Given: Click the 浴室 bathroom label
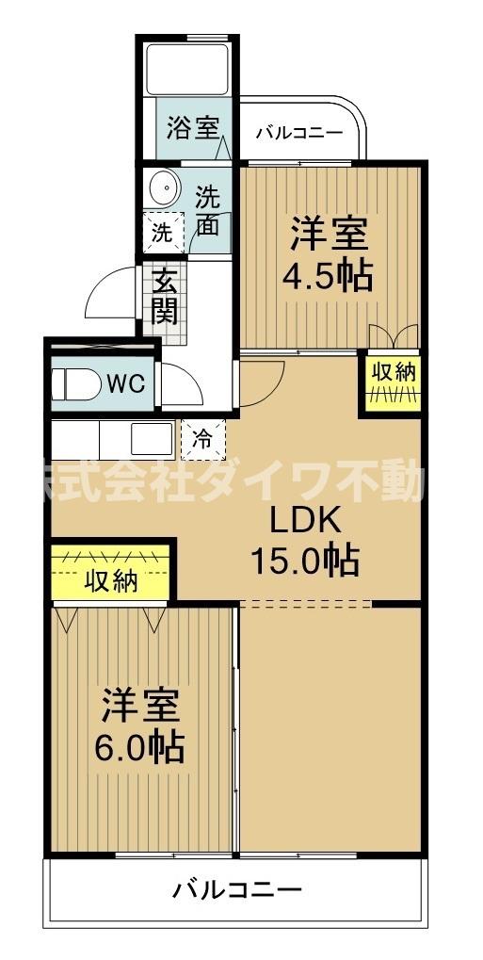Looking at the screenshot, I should pyautogui.click(x=193, y=128).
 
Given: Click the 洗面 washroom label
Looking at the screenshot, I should pyautogui.click(x=208, y=210).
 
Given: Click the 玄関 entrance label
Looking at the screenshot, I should pyautogui.click(x=165, y=296).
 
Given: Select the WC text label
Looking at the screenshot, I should pyautogui.click(x=124, y=383).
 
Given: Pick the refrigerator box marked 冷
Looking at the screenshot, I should pyautogui.click(x=202, y=436).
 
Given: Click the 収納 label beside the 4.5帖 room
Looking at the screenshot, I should pyautogui.click(x=392, y=371).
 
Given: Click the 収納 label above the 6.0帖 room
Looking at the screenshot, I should pyautogui.click(x=111, y=581).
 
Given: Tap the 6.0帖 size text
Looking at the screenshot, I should pyautogui.click(x=139, y=747).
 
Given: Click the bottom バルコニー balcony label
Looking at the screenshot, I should pyautogui.click(x=237, y=888).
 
